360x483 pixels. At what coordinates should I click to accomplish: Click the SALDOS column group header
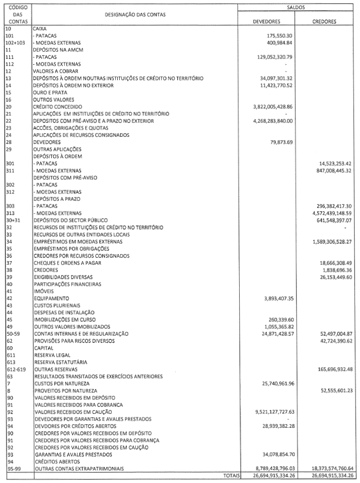[296, 7]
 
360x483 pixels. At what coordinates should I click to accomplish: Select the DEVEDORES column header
[267, 21]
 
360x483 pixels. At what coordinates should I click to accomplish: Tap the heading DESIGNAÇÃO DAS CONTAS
[135, 14]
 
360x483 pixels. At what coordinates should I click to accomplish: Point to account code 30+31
[13, 220]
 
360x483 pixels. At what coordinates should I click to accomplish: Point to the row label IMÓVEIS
[43, 291]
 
